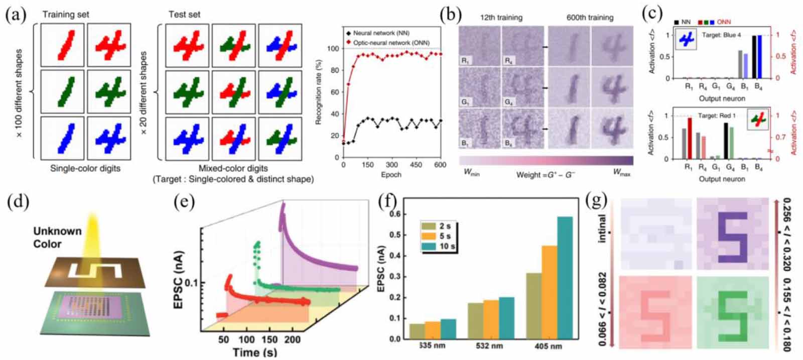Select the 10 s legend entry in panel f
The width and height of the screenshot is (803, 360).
coord(439,247)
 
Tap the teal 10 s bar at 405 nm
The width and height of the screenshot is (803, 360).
coord(565,277)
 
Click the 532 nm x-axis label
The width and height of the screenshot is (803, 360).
coord(489,346)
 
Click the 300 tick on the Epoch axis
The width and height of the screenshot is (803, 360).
coord(392,165)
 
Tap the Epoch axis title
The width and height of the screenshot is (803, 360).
coord(391,175)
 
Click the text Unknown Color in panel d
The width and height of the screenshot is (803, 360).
coord(57,237)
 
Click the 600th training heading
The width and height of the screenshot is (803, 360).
coord(590,18)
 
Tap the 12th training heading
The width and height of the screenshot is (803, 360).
coord(501,18)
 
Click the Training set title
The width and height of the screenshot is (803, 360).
coord(65,15)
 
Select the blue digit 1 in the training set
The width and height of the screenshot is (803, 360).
coord(65,135)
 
